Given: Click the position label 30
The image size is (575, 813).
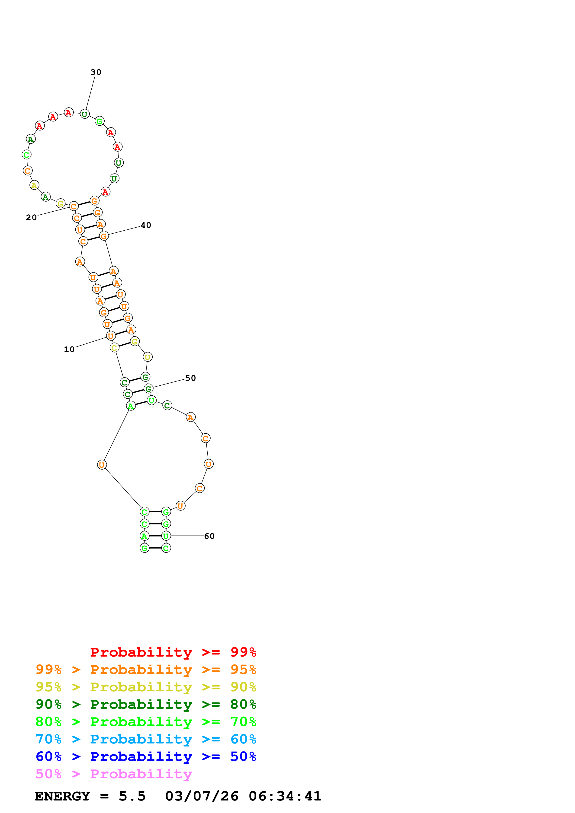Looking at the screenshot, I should coord(96,72).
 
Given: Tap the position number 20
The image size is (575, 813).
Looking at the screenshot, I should coord(31,217).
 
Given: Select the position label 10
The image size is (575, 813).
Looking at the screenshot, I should coord(69,349).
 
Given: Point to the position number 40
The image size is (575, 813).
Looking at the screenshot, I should coord(146,225).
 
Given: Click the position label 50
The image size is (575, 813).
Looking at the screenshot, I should coord(190,378).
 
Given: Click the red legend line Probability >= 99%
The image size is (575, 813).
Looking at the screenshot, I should coord(173,652).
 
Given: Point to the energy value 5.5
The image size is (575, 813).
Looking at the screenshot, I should coord(132,796).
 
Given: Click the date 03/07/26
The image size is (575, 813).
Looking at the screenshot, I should coord(202,796).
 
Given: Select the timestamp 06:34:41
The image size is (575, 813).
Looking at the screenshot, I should coord(285,796).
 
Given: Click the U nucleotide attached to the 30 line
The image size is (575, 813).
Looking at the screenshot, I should coord(84,114).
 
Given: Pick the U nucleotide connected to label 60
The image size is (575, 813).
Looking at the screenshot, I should coord(166,536).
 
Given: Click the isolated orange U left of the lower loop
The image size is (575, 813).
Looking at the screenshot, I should coord(102,465).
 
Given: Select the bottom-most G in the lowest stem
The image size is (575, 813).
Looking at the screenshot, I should coord(144,548).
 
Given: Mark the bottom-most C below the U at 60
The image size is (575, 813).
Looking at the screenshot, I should coord(166,548).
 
